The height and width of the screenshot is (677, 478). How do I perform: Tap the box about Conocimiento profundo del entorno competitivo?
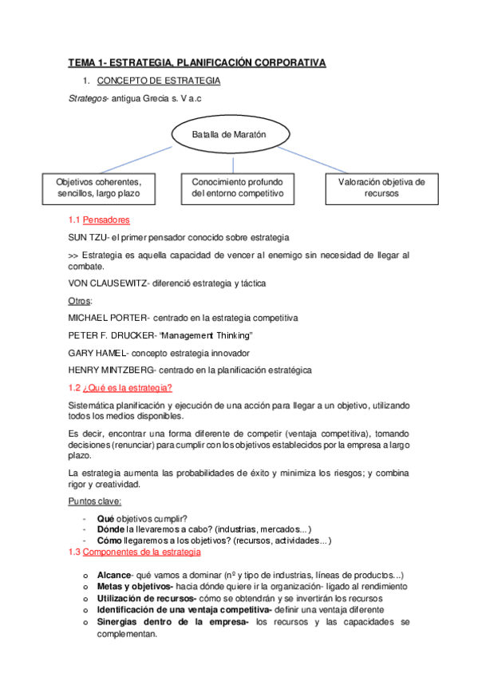point(231,188)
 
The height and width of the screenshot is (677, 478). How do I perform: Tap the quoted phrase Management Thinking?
point(213,335)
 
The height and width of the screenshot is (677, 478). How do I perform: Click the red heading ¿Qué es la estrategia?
point(128,388)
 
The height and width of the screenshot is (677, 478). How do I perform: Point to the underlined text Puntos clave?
point(95,501)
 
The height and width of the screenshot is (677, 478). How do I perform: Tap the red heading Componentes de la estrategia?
point(141,552)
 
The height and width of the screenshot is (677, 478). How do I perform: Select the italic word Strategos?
point(88,98)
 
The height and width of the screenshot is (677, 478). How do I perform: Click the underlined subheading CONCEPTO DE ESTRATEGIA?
point(159,81)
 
